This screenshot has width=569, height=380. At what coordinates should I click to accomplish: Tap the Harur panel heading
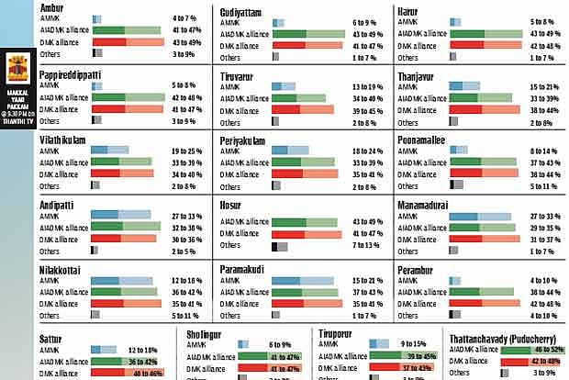[x=408, y=10]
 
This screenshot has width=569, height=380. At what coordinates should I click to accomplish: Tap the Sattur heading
[x=50, y=339]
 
